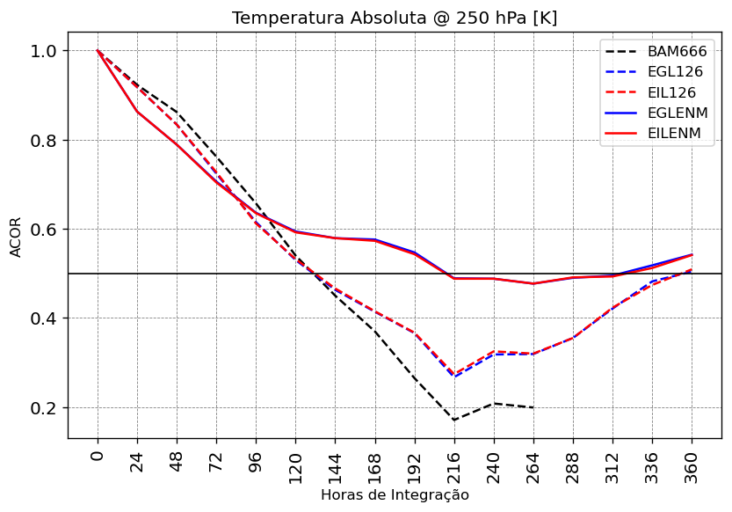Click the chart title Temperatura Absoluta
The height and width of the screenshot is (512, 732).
395,18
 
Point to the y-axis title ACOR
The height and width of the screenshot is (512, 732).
16,236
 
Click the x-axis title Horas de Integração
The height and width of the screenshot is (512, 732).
395,495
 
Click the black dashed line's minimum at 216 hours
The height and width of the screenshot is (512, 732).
454,420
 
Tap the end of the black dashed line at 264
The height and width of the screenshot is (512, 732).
533,407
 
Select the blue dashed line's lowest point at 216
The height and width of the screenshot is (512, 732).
454,377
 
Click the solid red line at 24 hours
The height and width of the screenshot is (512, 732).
137,111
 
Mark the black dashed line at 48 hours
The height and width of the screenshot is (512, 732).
177,112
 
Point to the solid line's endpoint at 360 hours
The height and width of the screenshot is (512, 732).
692,255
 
